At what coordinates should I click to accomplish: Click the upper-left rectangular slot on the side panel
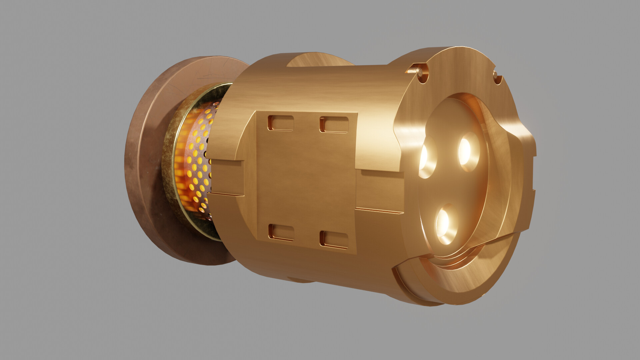280,123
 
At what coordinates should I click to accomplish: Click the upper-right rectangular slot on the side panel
334,125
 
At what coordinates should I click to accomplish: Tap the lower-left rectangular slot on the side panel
281,232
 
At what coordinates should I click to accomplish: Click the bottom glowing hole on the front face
445,223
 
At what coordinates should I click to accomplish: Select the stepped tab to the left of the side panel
227,177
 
